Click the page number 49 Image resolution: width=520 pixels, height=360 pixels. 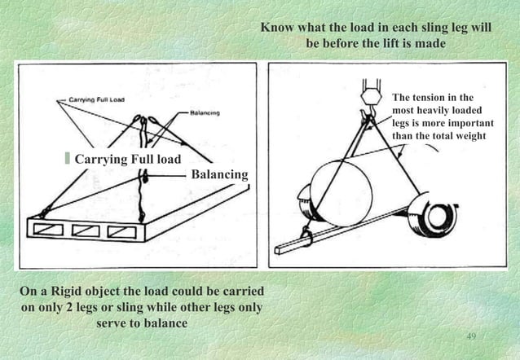[x=470, y=336]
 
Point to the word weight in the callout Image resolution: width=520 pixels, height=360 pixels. [x=467, y=135]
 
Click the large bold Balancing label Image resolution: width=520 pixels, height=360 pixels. [x=218, y=174]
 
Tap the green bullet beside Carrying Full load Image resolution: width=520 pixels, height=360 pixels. [x=68, y=157]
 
